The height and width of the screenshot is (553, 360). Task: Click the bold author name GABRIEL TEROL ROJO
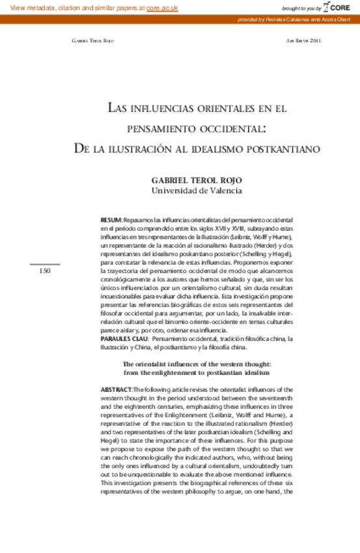tap(197, 179)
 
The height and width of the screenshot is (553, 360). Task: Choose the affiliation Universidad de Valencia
tap(197, 191)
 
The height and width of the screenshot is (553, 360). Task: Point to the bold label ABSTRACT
tap(116, 390)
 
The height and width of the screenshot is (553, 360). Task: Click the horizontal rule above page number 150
tap(45, 263)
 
